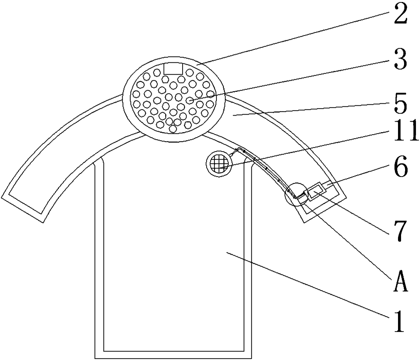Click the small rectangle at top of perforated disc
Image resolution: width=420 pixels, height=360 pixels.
[173, 68]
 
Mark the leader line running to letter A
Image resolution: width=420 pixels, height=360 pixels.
[349, 239]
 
